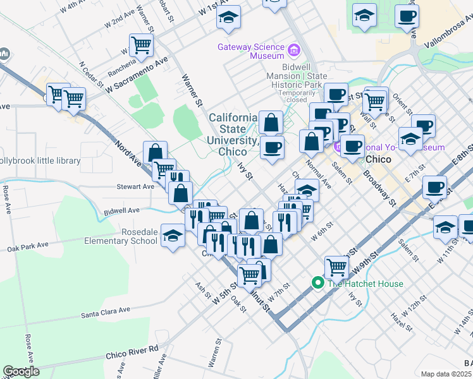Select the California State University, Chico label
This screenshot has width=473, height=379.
coord(233,135)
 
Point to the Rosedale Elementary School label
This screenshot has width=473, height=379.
coord(121,236)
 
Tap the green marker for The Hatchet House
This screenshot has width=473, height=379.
coord(318,283)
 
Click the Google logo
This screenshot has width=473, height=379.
coord(21,371)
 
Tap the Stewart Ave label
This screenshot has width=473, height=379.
coord(135,187)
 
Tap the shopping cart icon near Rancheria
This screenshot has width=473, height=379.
coord(141,44)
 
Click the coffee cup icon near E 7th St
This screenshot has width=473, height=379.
coord(435,186)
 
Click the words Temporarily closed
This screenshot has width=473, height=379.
coord(288,95)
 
